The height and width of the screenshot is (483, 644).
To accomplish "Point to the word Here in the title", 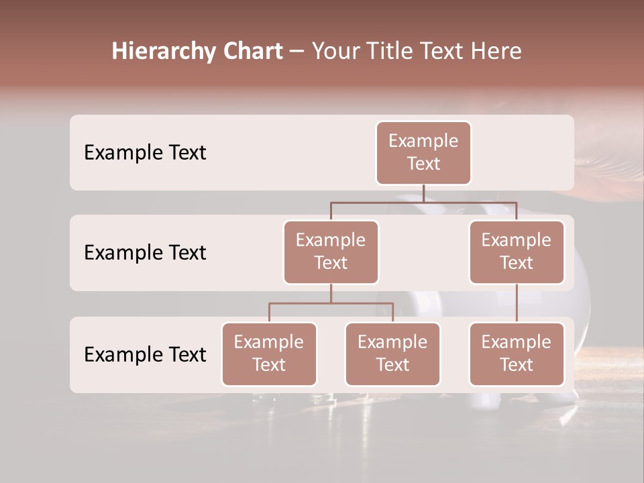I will pyautogui.click(x=496, y=52).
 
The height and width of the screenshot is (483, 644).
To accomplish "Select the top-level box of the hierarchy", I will pyautogui.click(x=423, y=152).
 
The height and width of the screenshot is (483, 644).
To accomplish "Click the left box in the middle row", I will pyautogui.click(x=331, y=252).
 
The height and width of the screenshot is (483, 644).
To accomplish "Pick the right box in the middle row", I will pyautogui.click(x=517, y=252).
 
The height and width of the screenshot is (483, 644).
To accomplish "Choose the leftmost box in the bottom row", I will pyautogui.click(x=269, y=354).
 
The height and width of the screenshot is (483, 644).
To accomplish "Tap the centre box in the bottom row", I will pyautogui.click(x=392, y=354).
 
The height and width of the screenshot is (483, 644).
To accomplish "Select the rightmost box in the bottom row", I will pyautogui.click(x=517, y=354).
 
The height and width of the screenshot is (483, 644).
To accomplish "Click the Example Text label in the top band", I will pyautogui.click(x=145, y=153).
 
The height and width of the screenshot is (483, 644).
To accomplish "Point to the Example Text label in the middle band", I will pyautogui.click(x=145, y=253).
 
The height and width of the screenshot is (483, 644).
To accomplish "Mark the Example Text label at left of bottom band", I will pyautogui.click(x=145, y=354).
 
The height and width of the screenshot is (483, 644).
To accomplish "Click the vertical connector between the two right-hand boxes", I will pyautogui.click(x=517, y=303).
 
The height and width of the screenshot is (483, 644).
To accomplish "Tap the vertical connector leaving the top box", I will pyautogui.click(x=423, y=193).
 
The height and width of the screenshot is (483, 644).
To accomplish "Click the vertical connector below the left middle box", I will pyautogui.click(x=331, y=293).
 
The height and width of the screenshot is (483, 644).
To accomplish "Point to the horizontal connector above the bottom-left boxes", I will pyautogui.click(x=331, y=303).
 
